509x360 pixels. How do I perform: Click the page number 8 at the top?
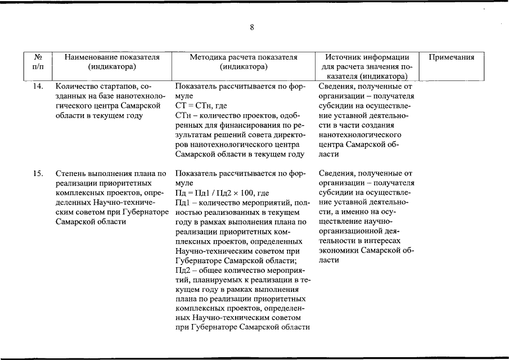point(253,28)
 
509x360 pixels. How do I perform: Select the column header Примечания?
point(452,57)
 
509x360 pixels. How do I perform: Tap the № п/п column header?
point(39,62)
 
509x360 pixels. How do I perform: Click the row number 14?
point(38,87)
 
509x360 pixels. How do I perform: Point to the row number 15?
point(38,173)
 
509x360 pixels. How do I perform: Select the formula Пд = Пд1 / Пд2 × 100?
point(214,193)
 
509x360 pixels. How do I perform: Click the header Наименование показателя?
point(112,57)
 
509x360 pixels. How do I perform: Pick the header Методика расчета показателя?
point(243,57)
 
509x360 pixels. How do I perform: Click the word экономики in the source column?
point(338,250)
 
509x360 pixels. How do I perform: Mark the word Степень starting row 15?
point(71,173)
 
